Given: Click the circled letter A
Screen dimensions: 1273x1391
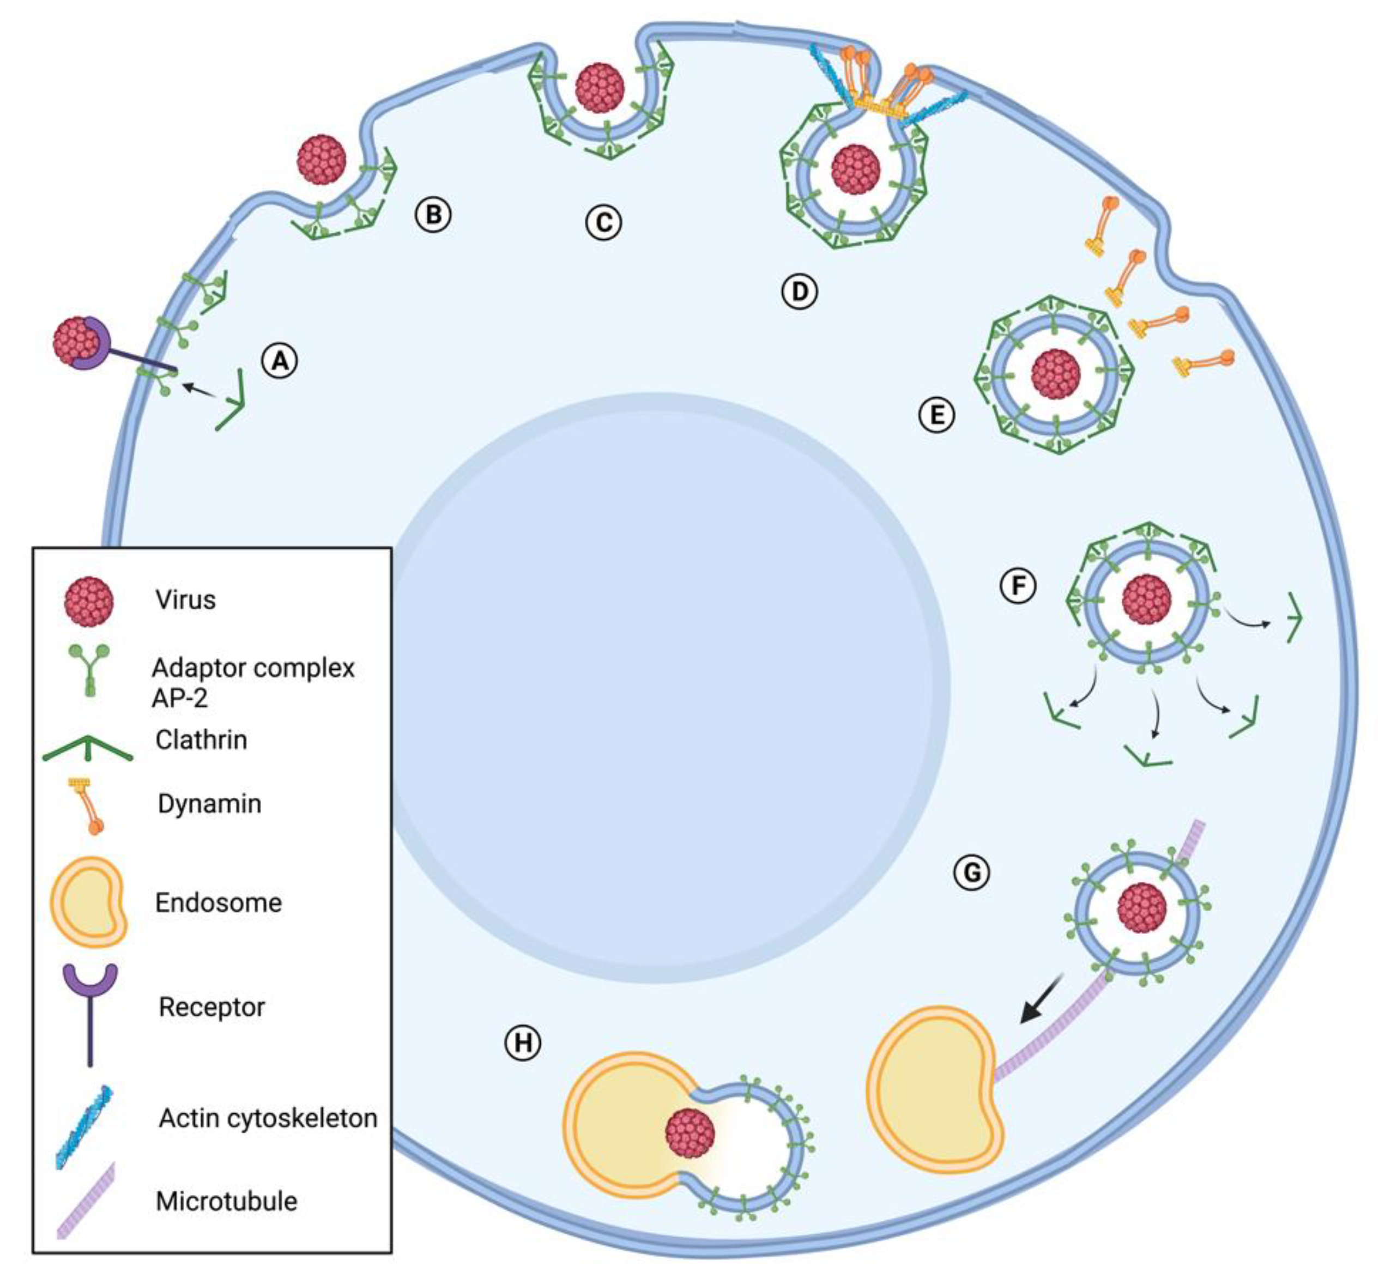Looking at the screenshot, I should (x=280, y=361).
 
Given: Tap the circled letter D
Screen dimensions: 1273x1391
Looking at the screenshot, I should (x=799, y=291).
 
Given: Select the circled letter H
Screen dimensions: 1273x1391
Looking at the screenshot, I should (x=523, y=1042).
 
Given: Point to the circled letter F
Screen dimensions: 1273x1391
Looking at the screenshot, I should (x=1018, y=586).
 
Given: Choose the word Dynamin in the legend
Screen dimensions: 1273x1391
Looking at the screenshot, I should (x=209, y=803).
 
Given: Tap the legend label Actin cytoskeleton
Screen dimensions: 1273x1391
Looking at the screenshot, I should (x=268, y=1118).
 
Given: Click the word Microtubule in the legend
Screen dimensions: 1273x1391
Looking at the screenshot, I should (x=226, y=1201).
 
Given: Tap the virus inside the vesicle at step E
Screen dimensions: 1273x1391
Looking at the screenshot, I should (x=1055, y=374).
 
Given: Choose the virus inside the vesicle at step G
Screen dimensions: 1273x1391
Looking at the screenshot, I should (x=1142, y=908).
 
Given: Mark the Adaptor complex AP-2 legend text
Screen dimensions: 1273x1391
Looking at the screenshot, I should (x=252, y=682).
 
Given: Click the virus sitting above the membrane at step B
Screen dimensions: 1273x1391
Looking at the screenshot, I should (x=322, y=159).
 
